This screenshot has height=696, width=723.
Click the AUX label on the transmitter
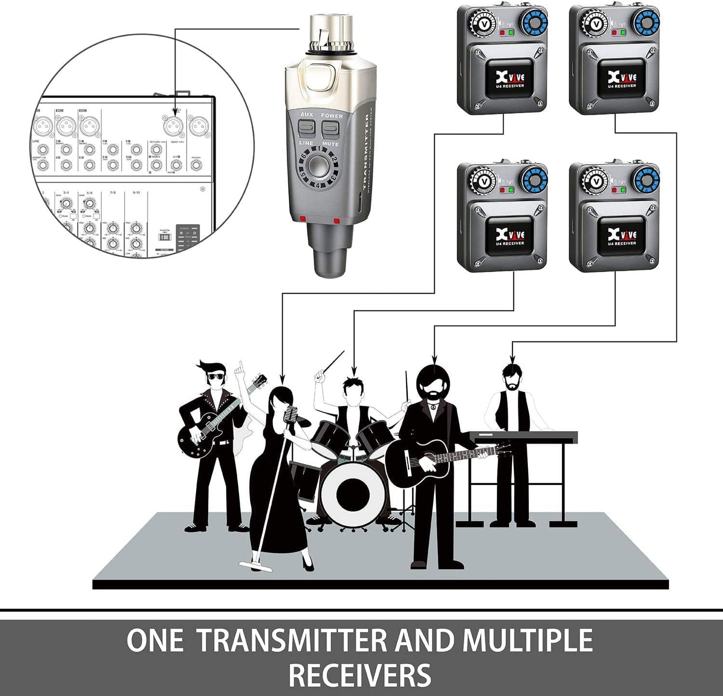(306, 115)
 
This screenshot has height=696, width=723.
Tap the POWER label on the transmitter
(332, 116)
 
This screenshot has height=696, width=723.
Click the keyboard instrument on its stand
(523, 436)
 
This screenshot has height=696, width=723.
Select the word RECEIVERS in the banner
(360, 674)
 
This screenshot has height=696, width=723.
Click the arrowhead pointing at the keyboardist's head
(511, 358)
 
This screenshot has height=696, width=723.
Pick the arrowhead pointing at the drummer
(354, 372)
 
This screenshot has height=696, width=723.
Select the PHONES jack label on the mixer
(196, 158)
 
